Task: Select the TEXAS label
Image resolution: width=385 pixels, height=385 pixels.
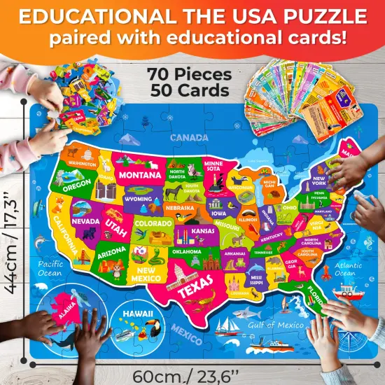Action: coord(195,287)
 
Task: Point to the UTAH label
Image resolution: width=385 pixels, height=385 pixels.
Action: coord(115,224)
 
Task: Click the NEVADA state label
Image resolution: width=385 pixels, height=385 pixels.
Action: coord(85,220)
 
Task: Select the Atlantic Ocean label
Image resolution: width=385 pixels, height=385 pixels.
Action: coord(348,269)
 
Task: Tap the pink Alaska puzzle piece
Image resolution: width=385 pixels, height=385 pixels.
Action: coord(70,315)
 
